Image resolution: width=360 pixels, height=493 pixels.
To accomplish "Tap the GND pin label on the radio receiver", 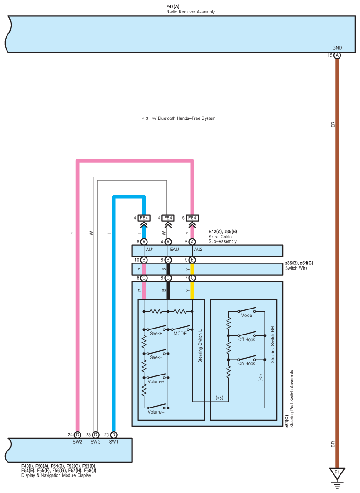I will [337, 48].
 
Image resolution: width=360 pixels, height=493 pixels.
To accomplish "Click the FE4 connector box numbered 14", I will [168, 217].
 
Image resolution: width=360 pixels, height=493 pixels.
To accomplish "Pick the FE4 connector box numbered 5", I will [192, 217].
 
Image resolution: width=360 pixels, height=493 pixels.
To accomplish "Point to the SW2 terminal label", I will [77, 442].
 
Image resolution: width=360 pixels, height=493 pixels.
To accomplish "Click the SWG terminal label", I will [95, 442].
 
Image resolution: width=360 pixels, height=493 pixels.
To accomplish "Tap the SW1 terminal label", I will [114, 442].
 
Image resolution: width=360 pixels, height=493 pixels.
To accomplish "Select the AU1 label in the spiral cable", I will [150, 249].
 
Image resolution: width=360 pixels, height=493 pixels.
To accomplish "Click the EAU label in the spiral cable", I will [174, 249].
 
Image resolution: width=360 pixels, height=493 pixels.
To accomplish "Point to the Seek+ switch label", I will [155, 333].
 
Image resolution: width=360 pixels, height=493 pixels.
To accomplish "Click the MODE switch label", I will [180, 333].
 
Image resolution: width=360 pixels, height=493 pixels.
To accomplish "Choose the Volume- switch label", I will [156, 412].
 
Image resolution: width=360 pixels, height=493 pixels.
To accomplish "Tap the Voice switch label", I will [247, 316].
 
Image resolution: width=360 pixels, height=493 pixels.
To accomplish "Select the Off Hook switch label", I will [247, 340].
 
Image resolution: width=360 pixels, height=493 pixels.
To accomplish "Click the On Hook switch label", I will [247, 364].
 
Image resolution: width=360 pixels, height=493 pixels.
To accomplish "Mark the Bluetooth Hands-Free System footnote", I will [179, 118].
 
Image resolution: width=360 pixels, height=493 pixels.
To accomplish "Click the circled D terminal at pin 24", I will [77, 434].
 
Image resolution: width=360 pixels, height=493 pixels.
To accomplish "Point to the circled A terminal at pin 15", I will [337, 55].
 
